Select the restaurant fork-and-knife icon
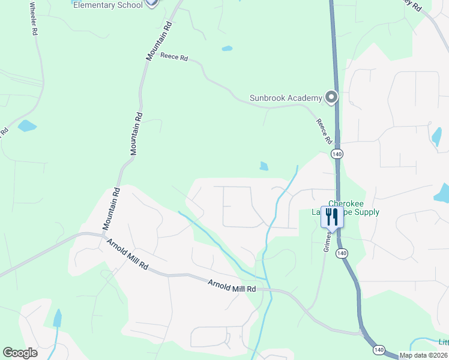click(332, 216)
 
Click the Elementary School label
click(107, 5)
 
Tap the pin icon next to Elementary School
click(152, 3)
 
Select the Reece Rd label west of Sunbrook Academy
click(174, 59)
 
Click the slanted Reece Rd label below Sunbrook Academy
click(325, 131)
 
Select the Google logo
click(20, 353)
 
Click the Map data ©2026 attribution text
click(423, 355)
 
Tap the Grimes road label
click(328, 241)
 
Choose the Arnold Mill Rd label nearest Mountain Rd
click(127, 256)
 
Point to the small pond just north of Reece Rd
click(227, 49)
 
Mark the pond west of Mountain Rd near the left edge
click(27, 126)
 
